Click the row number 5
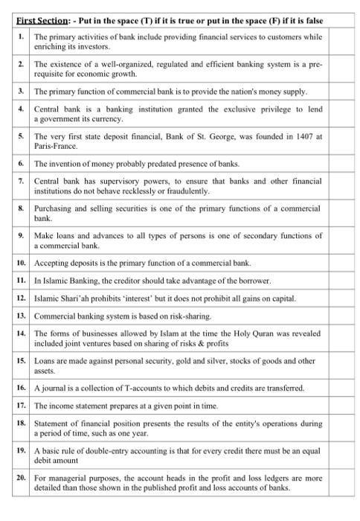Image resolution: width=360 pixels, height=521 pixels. coord(21,137)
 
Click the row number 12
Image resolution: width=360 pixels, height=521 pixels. coord(21,298)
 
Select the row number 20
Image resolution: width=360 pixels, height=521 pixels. coord(21,479)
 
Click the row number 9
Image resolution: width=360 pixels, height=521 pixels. coord(21,235)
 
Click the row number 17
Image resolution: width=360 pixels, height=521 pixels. coord(21,406)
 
